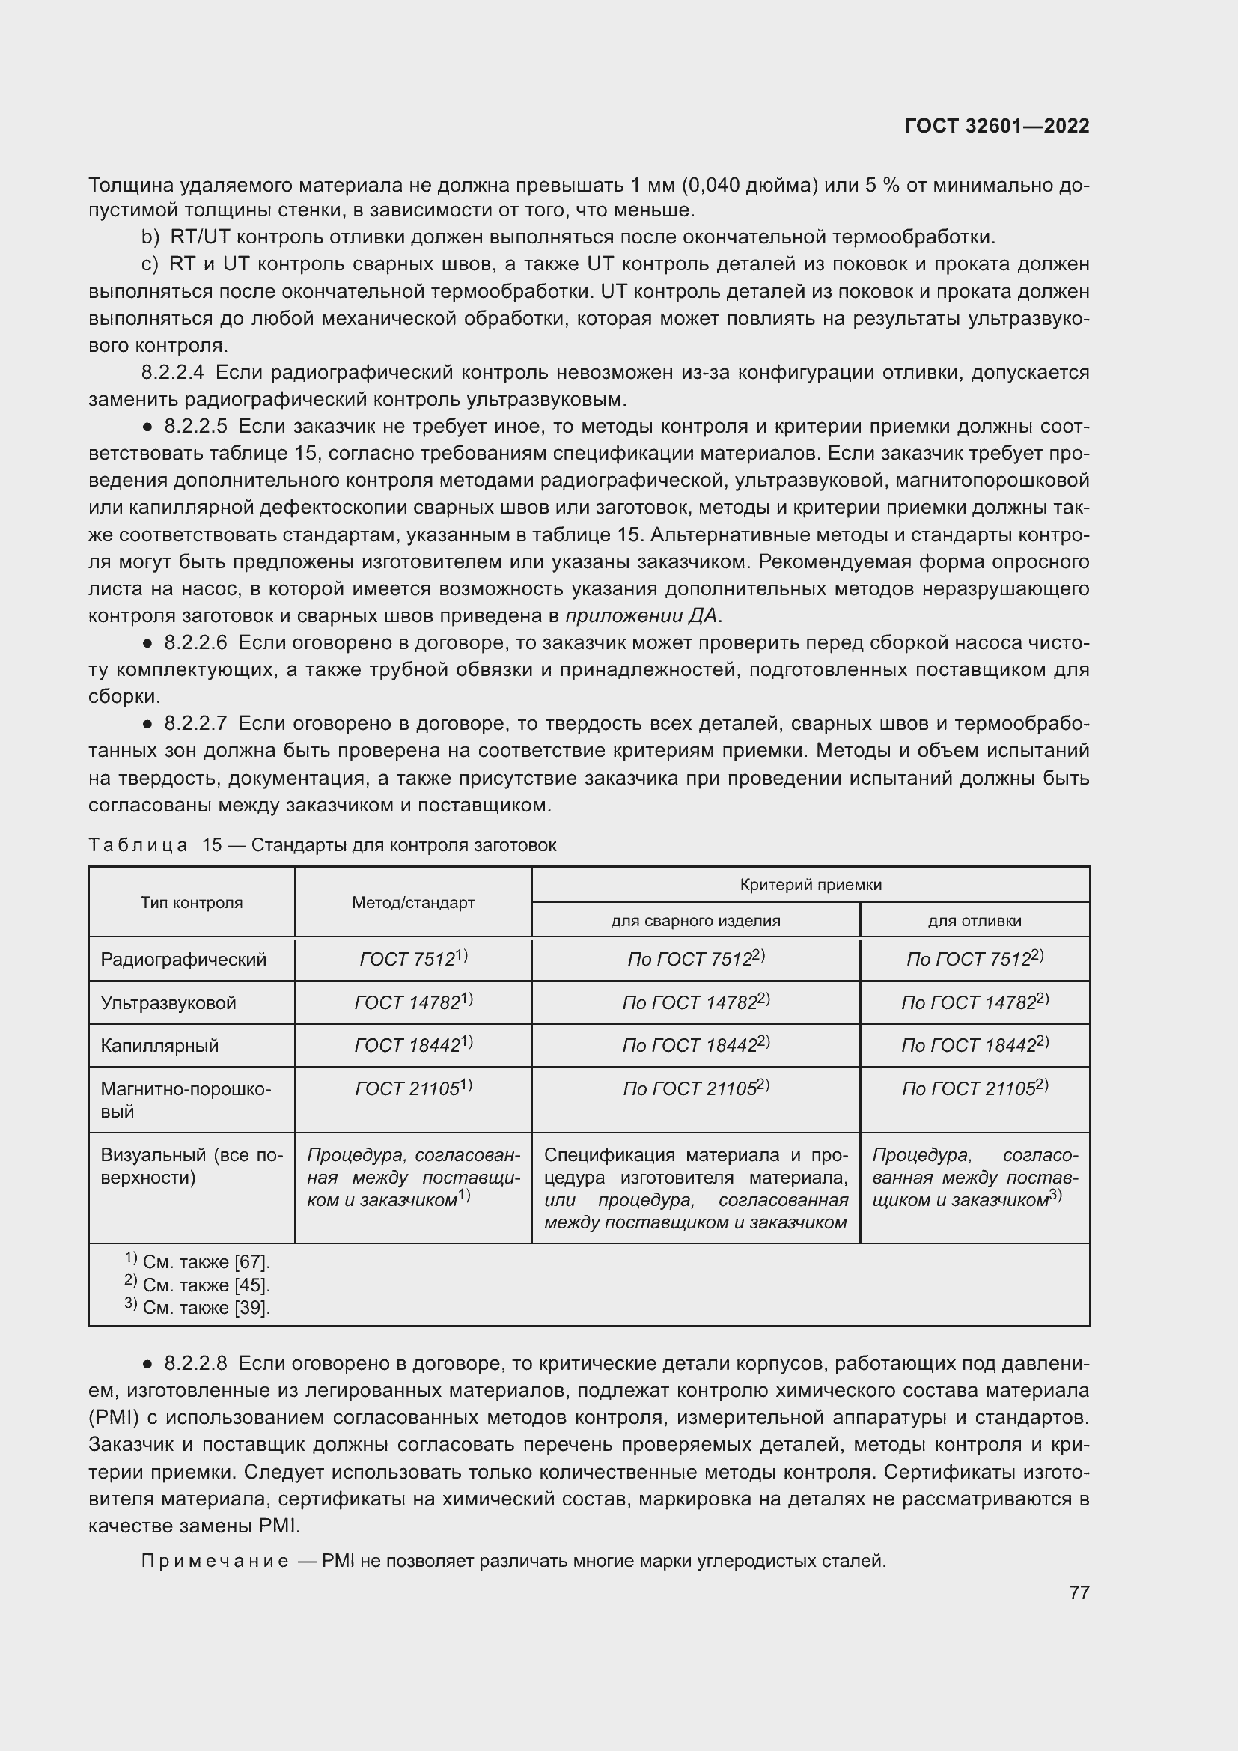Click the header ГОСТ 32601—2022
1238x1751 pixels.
(x=996, y=126)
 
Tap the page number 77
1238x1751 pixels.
(x=1079, y=1592)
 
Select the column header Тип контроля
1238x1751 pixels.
(x=192, y=903)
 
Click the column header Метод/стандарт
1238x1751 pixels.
(x=413, y=903)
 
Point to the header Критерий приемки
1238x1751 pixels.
(x=811, y=885)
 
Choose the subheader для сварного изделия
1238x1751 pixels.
(x=695, y=921)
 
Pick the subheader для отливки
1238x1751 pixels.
(x=975, y=921)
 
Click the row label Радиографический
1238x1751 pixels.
(x=183, y=960)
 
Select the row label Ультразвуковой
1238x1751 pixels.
(x=168, y=1003)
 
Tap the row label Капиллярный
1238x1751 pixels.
(x=160, y=1046)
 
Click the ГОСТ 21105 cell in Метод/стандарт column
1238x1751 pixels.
(x=413, y=1088)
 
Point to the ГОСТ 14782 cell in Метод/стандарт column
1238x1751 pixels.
(x=413, y=1002)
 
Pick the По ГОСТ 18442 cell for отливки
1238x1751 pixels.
(x=975, y=1045)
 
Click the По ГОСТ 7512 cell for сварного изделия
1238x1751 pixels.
(x=695, y=960)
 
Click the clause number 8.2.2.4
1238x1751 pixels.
(x=173, y=373)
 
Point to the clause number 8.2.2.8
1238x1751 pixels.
(x=195, y=1363)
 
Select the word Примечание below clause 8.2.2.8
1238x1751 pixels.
(x=215, y=1561)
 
